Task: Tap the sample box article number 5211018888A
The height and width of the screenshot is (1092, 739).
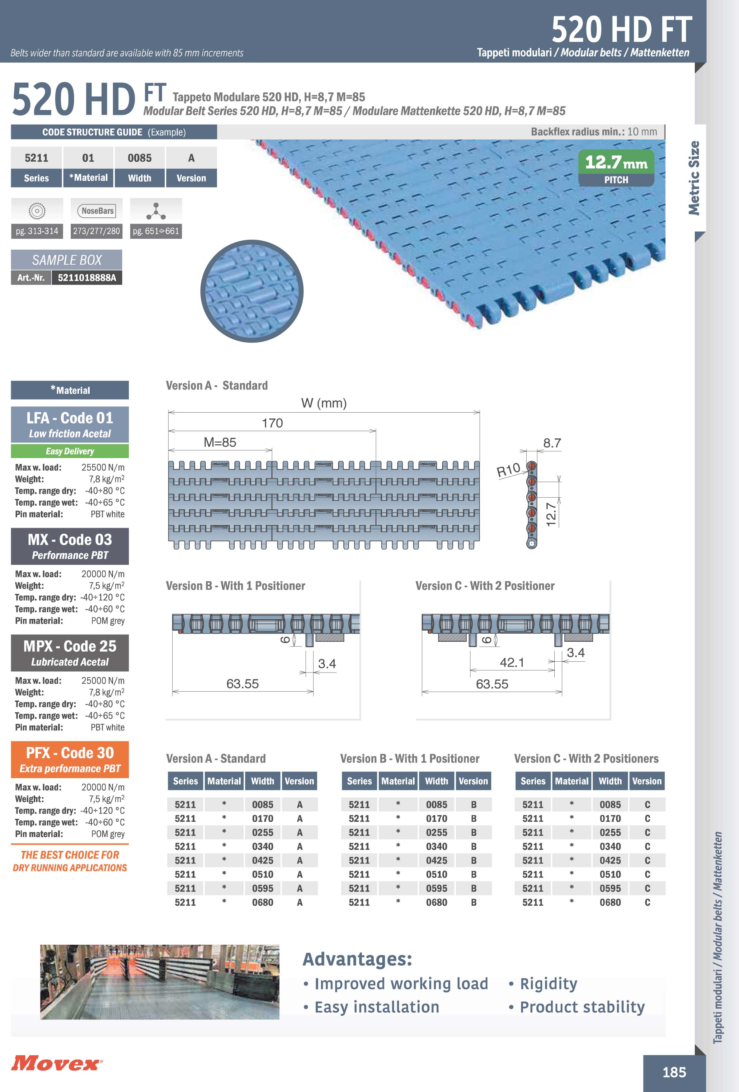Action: [87, 278]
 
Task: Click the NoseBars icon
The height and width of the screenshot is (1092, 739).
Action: [97, 211]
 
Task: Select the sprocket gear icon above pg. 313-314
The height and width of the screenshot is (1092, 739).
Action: [37, 211]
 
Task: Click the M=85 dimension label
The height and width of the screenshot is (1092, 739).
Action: [219, 442]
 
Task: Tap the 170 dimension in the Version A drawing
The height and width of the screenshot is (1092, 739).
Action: [272, 423]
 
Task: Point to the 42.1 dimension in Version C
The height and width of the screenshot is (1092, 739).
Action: [512, 663]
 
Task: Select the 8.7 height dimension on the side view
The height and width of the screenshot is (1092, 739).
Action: [552, 443]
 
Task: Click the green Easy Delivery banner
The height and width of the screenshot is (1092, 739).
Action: [69, 451]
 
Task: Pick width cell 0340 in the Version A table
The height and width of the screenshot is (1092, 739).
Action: [262, 846]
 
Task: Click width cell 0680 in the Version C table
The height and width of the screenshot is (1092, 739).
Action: [610, 902]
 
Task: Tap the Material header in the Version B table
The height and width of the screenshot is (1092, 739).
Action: [398, 781]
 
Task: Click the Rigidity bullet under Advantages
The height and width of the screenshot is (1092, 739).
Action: [548, 983]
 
